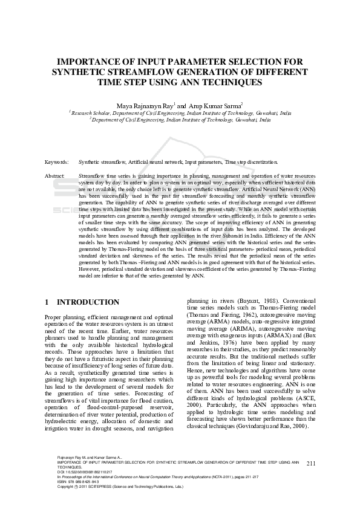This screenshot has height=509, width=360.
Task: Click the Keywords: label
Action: point(57,162)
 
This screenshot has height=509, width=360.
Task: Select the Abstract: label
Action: point(56,175)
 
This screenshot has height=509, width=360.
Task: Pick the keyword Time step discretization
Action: point(252,162)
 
